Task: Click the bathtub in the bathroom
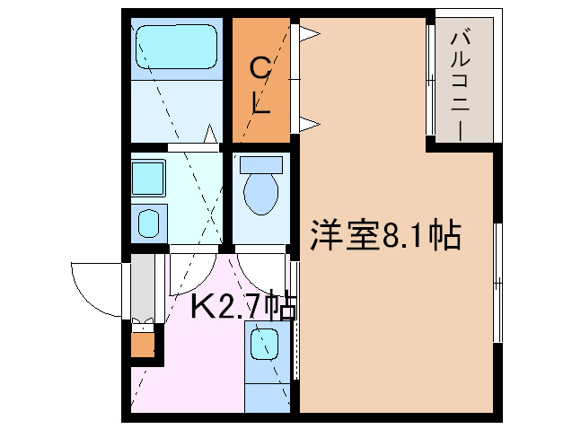pos(177,46)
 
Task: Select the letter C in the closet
pos(260,66)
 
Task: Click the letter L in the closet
pos(261,105)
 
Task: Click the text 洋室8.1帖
pos(385,235)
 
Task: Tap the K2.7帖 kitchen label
pos(242,307)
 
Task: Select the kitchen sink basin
pos(263,342)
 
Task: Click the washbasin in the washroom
pos(147,178)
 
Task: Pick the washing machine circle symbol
pos(148,222)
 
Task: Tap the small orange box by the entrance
pos(142,344)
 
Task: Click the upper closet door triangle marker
pos(309,34)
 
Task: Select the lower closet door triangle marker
pos(309,121)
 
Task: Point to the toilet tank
pos(261,164)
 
